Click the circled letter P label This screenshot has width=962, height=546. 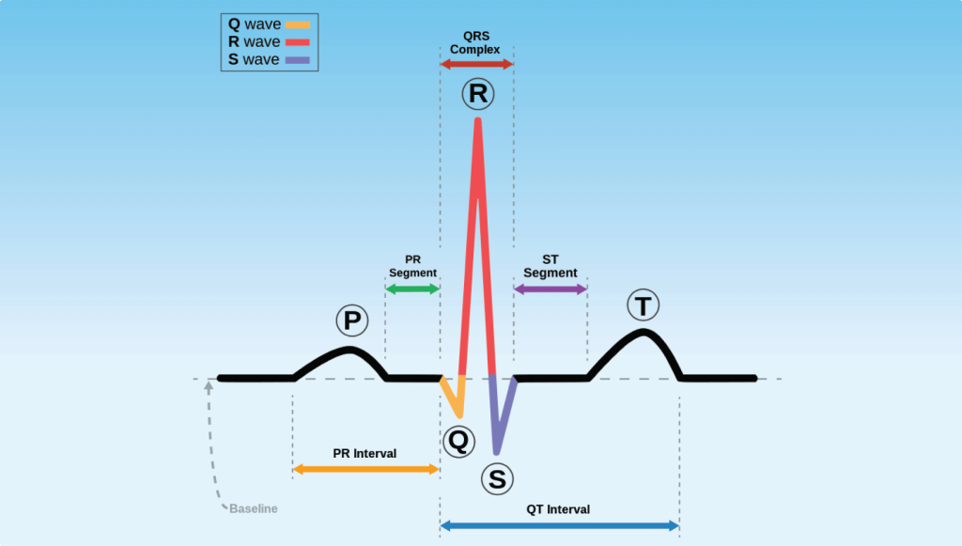(352, 321)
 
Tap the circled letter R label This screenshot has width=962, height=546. (477, 94)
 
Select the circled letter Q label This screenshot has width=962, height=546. (458, 441)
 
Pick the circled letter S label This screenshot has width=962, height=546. (497, 479)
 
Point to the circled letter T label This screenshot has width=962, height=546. (643, 306)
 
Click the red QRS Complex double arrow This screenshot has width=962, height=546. (477, 64)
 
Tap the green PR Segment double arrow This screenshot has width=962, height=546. (412, 289)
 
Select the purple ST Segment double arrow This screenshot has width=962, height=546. (551, 289)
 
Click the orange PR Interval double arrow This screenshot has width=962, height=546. (365, 468)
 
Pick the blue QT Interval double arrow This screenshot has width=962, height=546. (559, 525)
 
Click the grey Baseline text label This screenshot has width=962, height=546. (254, 509)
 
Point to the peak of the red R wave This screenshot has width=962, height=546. (478, 120)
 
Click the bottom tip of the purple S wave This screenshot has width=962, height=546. (497, 452)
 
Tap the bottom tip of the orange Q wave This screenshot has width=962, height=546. (459, 414)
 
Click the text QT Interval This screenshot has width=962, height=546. (558, 509)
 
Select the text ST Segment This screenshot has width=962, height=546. (551, 266)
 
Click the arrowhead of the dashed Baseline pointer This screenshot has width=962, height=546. (209, 385)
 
